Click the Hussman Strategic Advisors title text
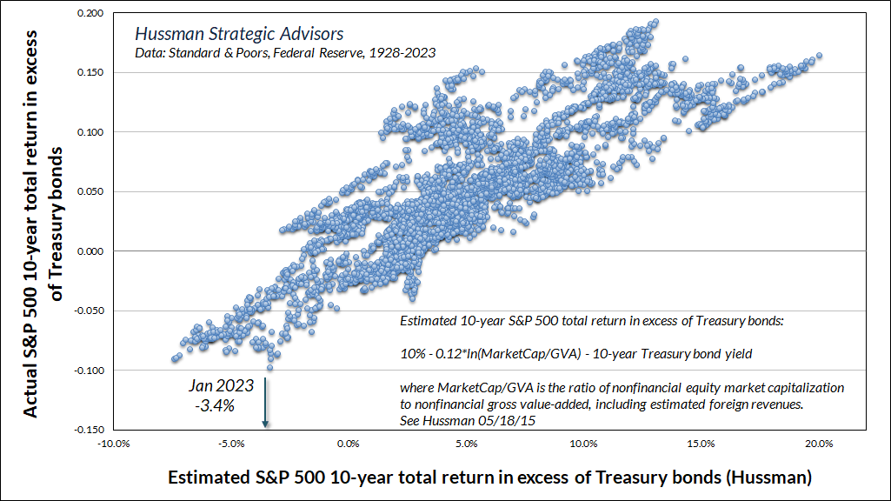pyautogui.click(x=238, y=35)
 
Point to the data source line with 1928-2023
pyautogui.click(x=284, y=52)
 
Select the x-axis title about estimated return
pyautogui.click(x=489, y=478)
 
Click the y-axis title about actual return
pyautogui.click(x=41, y=222)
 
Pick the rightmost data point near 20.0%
pyautogui.click(x=819, y=57)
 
